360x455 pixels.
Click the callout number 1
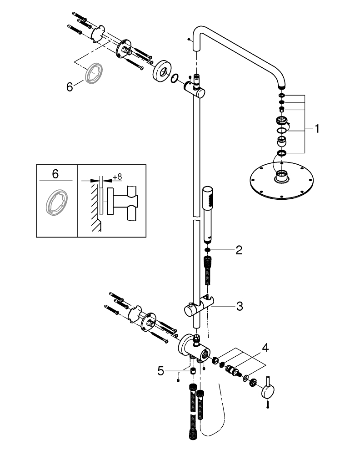pos(317,129)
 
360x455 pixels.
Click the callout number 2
pos(239,250)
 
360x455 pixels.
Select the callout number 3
pos(239,306)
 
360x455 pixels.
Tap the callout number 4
pos(265,349)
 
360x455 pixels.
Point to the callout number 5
pos(160,371)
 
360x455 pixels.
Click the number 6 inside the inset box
pos(55,173)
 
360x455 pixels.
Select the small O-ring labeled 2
pos(207,250)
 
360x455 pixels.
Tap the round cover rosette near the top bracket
pos(161,71)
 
